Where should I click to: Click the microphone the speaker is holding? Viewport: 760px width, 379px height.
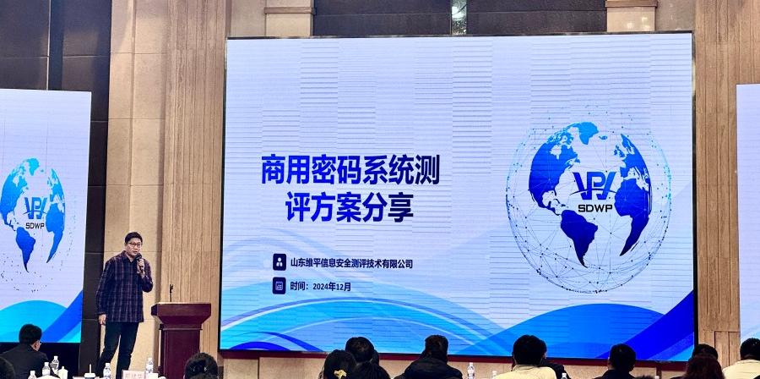click(x=139, y=261)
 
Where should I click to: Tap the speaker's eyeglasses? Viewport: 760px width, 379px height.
click(x=133, y=244)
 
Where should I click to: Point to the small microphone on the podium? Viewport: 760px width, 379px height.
click(x=171, y=294)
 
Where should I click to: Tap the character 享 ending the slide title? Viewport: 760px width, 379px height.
click(x=401, y=209)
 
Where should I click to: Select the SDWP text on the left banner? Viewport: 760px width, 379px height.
click(x=35, y=225)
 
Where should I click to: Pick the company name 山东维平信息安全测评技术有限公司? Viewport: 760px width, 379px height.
click(x=351, y=263)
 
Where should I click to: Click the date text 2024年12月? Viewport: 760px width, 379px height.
click(x=332, y=286)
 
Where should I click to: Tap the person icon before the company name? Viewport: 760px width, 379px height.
click(x=279, y=262)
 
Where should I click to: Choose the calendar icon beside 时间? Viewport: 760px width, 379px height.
click(x=279, y=286)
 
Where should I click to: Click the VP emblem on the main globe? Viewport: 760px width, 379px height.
click(x=594, y=187)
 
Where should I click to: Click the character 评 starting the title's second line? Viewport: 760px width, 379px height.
click(x=296, y=209)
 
